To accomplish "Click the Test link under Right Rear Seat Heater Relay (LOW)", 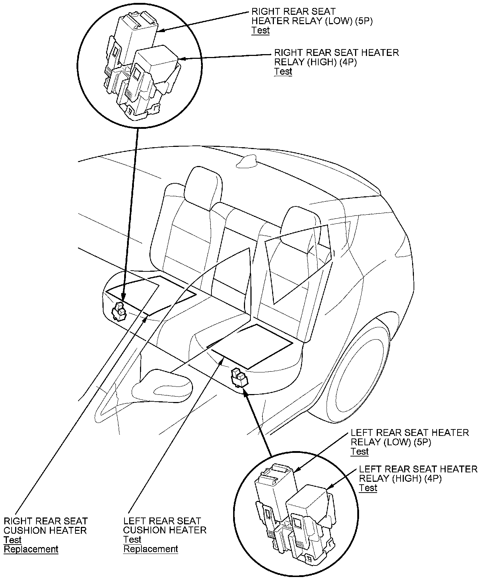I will pyautogui.click(x=261, y=30).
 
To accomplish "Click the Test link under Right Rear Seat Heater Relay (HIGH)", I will pyautogui.click(x=283, y=71).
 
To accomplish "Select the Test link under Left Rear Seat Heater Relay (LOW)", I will pyautogui.click(x=359, y=451).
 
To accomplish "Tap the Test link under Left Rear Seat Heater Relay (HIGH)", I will pyautogui.click(x=368, y=488).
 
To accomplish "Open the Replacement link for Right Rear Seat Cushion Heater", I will pyautogui.click(x=31, y=549).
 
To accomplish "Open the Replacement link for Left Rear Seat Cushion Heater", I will pyautogui.click(x=150, y=549).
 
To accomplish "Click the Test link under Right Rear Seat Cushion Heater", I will pyautogui.click(x=13, y=540).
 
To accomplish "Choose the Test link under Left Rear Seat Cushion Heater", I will pyautogui.click(x=132, y=540).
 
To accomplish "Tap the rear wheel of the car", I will pyautogui.click(x=357, y=372).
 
